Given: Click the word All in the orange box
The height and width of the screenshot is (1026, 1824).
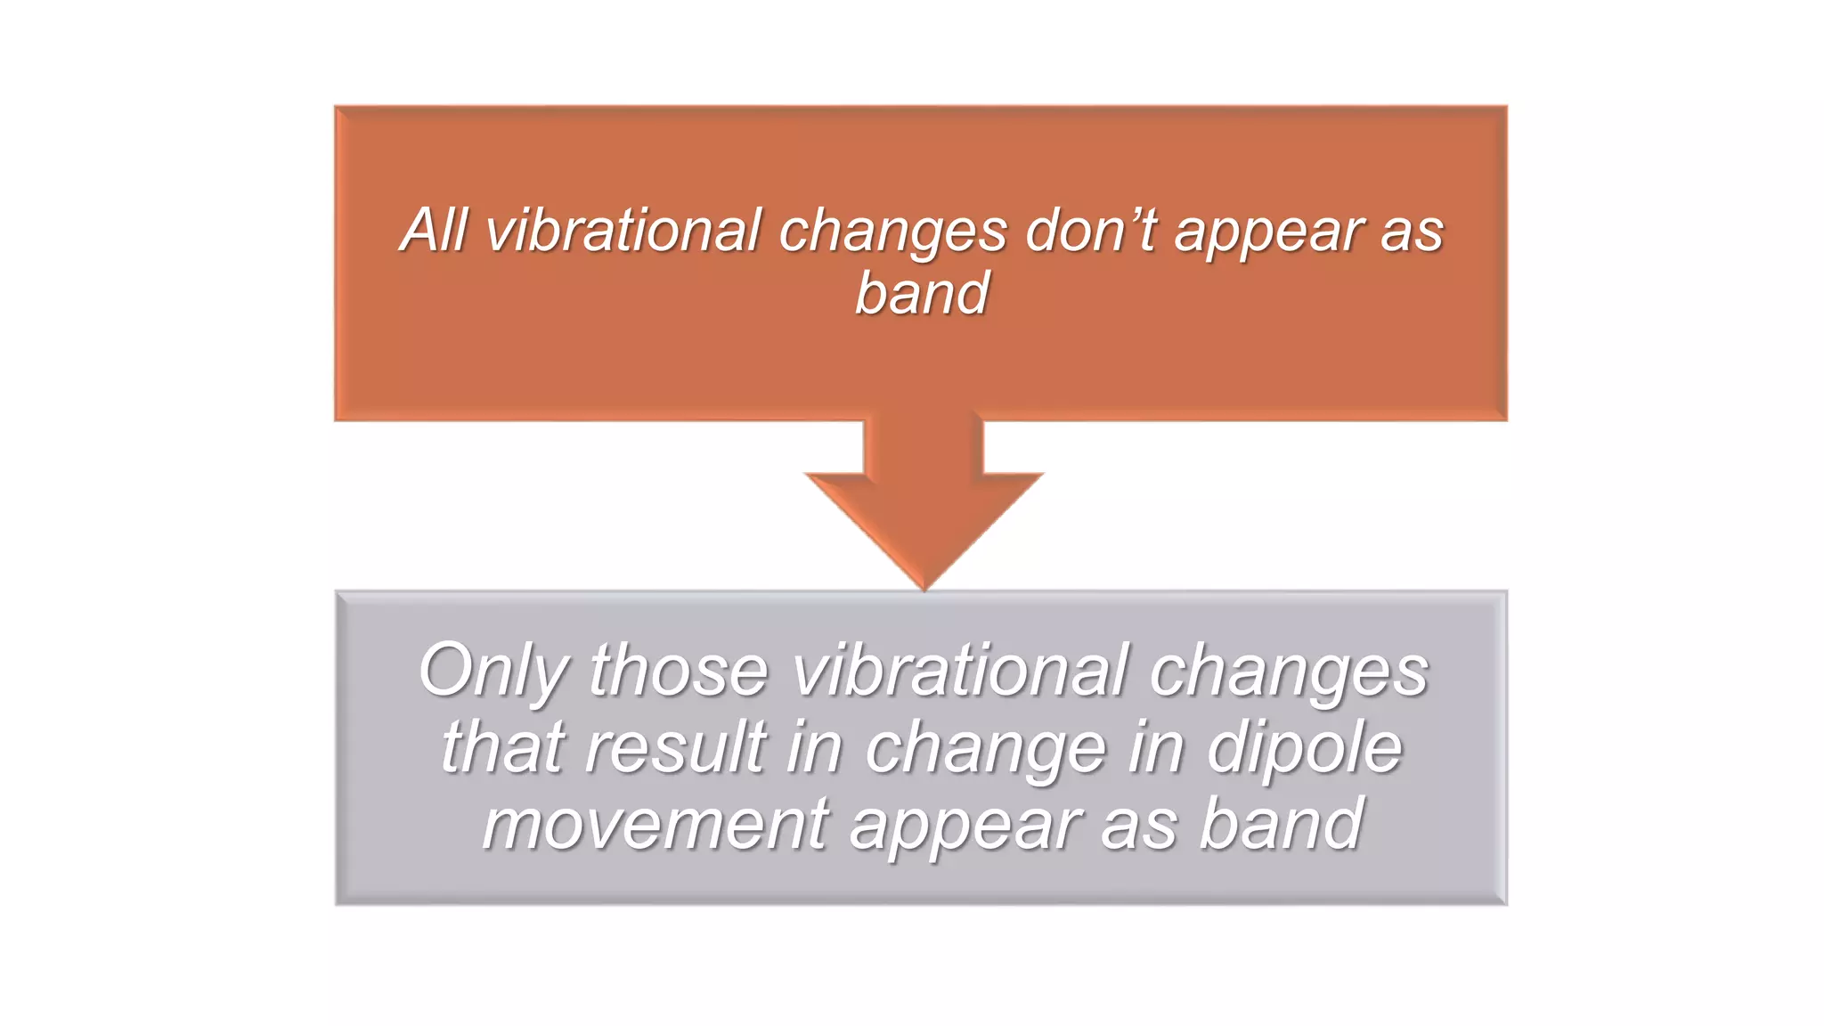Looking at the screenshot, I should (x=433, y=230).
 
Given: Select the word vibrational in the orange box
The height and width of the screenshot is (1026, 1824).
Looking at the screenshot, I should (x=623, y=230).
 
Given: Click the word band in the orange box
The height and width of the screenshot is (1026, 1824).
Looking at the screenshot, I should (x=922, y=293).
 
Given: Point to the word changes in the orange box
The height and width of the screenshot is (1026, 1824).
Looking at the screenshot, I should (x=893, y=232).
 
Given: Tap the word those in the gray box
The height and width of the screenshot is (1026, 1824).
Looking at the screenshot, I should (x=678, y=671).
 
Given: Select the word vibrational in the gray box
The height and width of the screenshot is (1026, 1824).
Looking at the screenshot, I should (x=960, y=671).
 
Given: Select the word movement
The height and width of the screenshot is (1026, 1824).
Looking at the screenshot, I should (x=656, y=824).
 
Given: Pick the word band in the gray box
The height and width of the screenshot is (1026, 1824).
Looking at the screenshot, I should (x=1282, y=824).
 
